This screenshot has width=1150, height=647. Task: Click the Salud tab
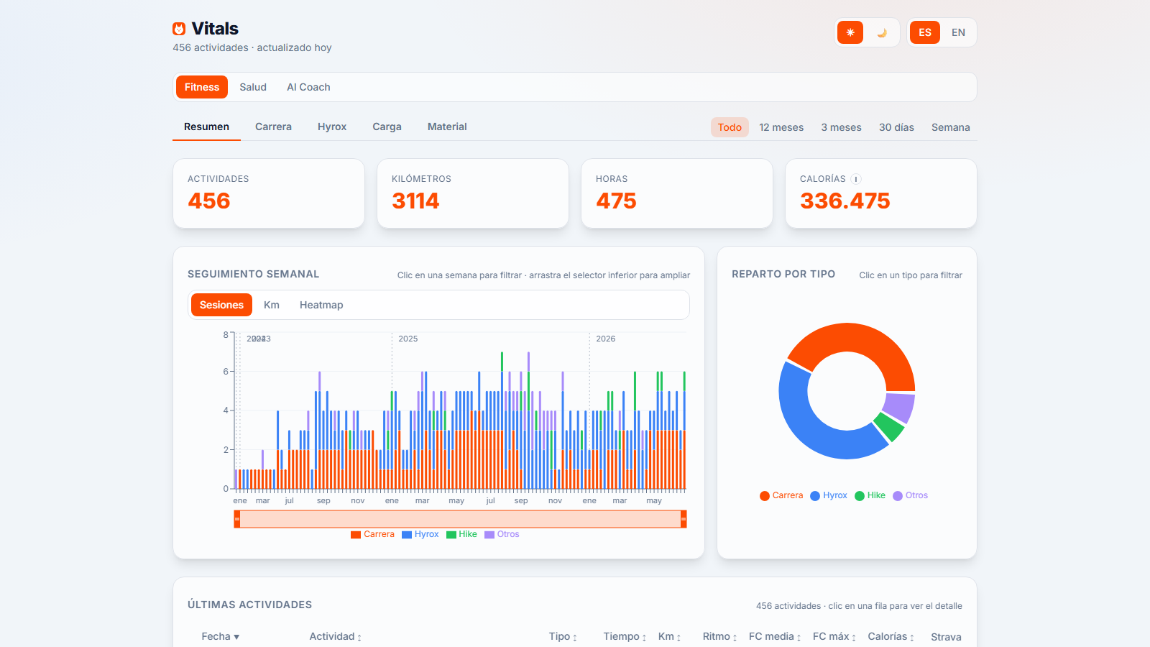[252, 87]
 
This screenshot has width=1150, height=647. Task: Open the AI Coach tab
[308, 87]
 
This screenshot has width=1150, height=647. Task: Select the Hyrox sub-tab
[331, 127]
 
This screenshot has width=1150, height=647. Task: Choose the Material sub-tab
[446, 127]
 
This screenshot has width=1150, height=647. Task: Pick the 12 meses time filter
[781, 127]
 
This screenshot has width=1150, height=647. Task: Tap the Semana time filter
[950, 127]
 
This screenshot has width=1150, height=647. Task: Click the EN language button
[958, 32]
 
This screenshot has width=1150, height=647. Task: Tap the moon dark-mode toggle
[881, 33]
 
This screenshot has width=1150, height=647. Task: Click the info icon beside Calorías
[856, 179]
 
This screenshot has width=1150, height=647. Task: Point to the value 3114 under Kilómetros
[415, 201]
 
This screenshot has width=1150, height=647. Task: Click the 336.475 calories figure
[845, 201]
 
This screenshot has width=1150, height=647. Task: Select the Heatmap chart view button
[321, 305]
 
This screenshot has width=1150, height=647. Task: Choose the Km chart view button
[271, 305]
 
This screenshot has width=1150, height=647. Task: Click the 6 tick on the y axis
[226, 371]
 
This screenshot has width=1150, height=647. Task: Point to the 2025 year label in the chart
[408, 339]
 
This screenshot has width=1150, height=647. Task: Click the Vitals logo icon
[179, 29]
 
